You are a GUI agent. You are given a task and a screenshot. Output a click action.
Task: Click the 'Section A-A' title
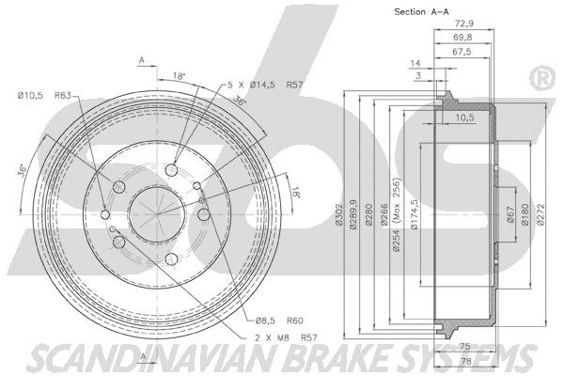click(x=421, y=12)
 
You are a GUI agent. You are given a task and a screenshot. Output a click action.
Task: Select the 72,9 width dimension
click(x=464, y=23)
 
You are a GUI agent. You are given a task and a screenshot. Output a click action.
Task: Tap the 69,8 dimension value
click(x=462, y=37)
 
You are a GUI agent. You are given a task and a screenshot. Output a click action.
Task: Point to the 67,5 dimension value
click(x=462, y=52)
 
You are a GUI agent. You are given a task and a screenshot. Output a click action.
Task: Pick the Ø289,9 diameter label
click(x=353, y=215)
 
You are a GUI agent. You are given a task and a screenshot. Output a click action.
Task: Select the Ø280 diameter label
click(x=368, y=215)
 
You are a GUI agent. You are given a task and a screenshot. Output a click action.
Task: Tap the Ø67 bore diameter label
click(x=510, y=215)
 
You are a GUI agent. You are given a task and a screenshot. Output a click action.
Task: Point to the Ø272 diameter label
click(x=540, y=215)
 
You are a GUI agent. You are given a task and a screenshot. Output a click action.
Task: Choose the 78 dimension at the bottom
click(x=466, y=361)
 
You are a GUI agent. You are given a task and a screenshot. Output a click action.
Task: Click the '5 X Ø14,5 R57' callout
click(x=265, y=85)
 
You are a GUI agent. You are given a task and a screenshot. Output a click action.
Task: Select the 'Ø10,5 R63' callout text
click(x=44, y=95)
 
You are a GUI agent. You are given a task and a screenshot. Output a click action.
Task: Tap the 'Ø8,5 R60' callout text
click(x=279, y=321)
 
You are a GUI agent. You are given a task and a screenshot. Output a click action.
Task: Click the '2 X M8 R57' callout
click(x=286, y=337)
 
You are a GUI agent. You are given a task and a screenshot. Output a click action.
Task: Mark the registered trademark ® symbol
click(x=542, y=79)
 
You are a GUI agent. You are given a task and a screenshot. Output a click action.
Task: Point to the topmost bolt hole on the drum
click(x=172, y=170)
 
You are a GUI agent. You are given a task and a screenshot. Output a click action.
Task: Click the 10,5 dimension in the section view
click(x=464, y=117)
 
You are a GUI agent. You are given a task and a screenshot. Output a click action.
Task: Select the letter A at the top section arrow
click(x=142, y=60)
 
